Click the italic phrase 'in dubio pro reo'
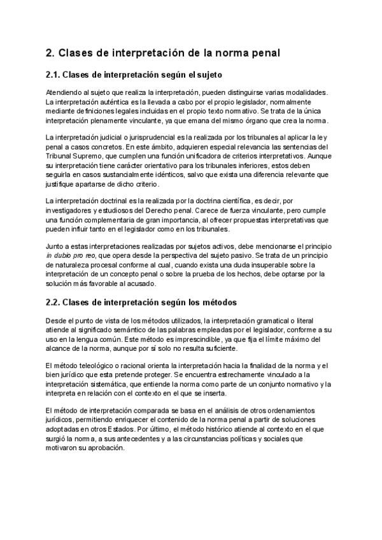70,255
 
